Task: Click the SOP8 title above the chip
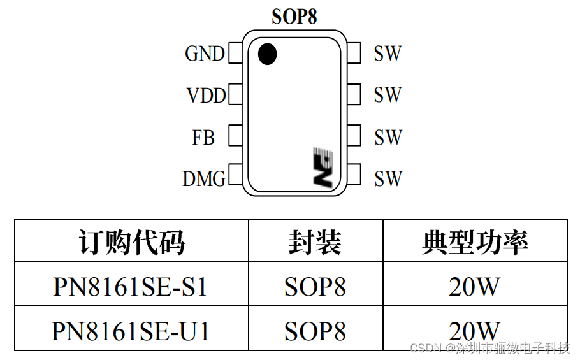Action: (294, 17)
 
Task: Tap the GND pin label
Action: (205, 54)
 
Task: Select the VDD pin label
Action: (206, 96)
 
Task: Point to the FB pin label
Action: (203, 138)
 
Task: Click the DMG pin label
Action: (204, 180)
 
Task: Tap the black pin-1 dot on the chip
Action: (268, 54)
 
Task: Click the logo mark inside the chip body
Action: (323, 167)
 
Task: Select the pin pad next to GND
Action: (235, 54)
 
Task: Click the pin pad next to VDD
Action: (235, 96)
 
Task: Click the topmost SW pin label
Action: (388, 54)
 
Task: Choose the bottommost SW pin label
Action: (388, 180)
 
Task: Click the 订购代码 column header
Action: (131, 242)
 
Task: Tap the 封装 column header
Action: (315, 242)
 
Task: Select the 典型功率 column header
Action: (475, 242)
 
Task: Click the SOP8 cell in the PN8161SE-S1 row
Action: (315, 287)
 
